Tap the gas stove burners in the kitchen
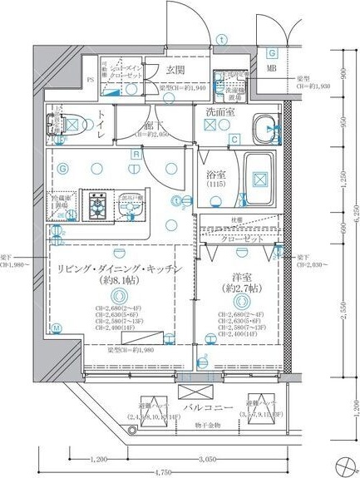point(101,203)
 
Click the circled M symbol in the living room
point(56,328)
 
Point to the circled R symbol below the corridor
point(134,155)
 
